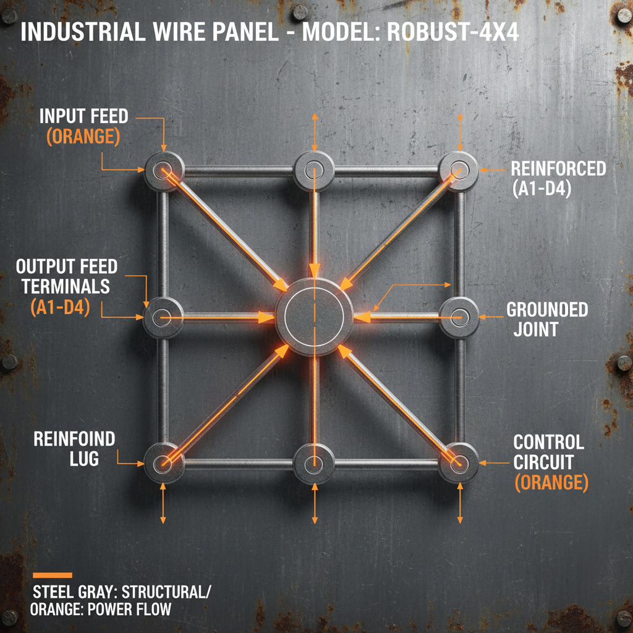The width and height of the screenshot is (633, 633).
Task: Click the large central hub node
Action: point(314,317)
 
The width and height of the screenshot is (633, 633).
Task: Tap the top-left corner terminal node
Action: point(164,169)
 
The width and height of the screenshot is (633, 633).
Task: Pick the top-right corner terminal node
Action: point(459,169)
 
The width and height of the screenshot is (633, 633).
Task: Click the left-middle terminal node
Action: point(163,318)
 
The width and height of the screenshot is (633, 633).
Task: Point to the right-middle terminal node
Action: point(459,318)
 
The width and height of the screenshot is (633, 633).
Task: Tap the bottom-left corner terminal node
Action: point(164,462)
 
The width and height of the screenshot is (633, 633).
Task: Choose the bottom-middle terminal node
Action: point(314,462)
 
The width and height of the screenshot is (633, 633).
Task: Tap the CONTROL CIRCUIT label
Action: point(549,462)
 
